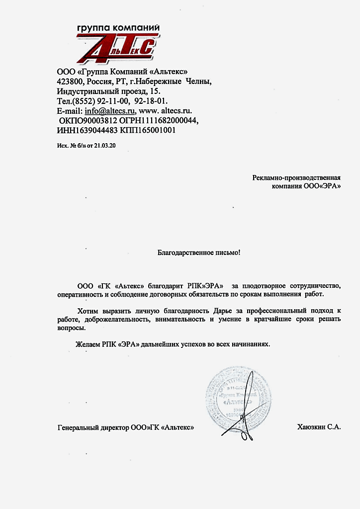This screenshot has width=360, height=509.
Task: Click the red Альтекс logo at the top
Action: (x=114, y=50)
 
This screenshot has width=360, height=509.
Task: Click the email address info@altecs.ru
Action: (x=110, y=111)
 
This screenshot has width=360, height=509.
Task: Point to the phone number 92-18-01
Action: (x=152, y=101)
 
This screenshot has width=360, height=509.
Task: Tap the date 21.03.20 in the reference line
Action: (x=109, y=145)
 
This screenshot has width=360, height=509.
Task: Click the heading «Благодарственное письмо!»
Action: (x=199, y=253)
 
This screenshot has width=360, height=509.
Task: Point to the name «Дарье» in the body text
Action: (x=216, y=311)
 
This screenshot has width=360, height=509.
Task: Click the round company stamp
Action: (x=239, y=398)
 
